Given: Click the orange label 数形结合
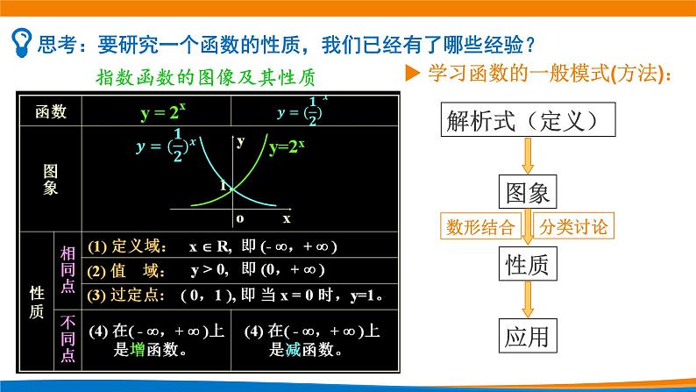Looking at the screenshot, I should [479, 227].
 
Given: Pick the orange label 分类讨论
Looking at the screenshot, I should [573, 227].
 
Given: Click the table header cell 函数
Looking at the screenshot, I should [50, 112].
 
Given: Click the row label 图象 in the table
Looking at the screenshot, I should [50, 180].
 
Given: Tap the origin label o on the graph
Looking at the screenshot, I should [239, 217].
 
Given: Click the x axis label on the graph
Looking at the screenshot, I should [286, 217].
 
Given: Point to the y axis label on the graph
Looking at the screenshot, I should [240, 140].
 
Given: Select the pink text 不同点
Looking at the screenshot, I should [67, 338].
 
